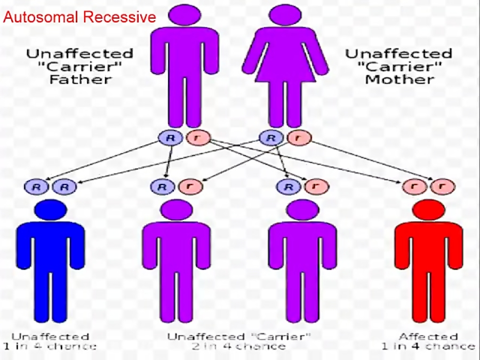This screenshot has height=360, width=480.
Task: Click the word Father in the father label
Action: click(x=80, y=79)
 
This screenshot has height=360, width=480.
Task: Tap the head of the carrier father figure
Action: click(x=183, y=15)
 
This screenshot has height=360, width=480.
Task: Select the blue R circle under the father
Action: click(x=170, y=138)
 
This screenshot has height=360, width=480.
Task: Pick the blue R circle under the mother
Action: click(x=270, y=138)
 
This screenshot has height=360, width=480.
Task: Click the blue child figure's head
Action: click(x=50, y=210)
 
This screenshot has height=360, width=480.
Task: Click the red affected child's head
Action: click(x=428, y=210)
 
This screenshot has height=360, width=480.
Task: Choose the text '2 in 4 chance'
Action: click(x=238, y=347)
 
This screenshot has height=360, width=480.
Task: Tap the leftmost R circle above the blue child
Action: click(x=36, y=187)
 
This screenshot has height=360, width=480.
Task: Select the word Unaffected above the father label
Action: click(x=80, y=54)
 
